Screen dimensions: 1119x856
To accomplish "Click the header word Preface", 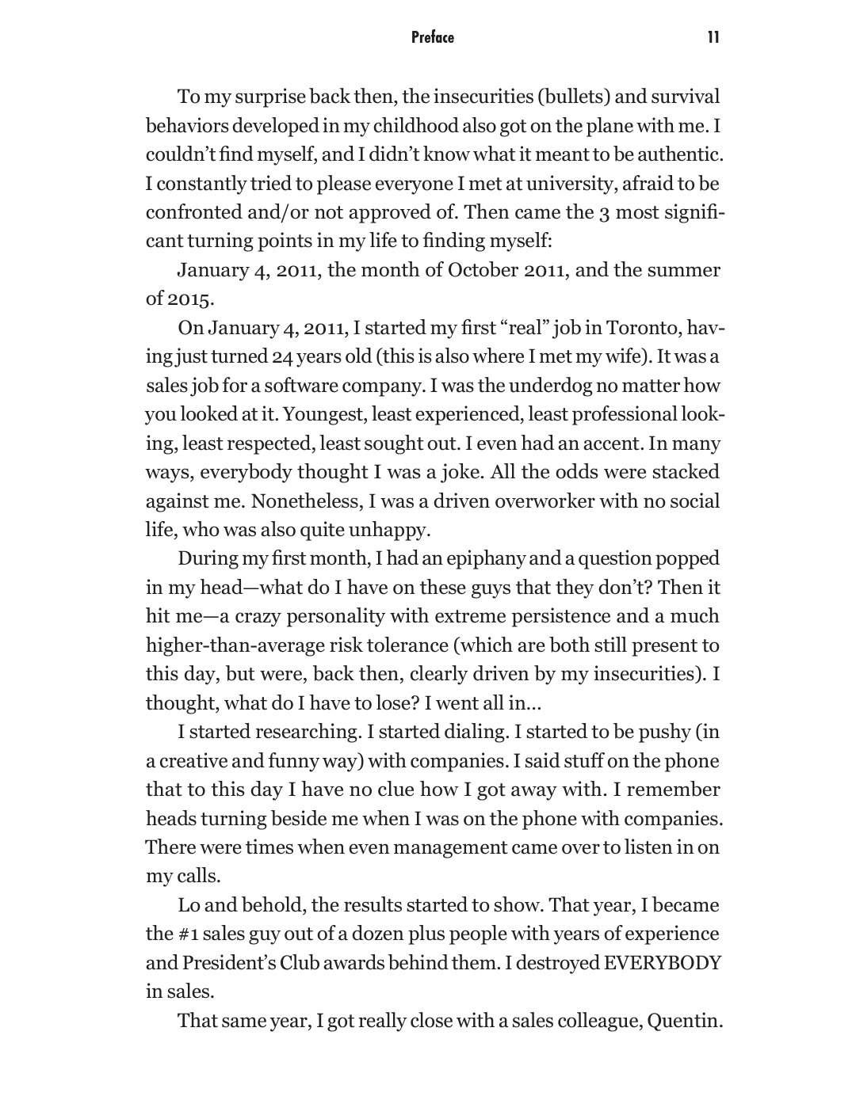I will tap(433, 37).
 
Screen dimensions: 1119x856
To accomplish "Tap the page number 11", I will tap(713, 37).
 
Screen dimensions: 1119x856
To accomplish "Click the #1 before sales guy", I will tap(181, 934).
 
